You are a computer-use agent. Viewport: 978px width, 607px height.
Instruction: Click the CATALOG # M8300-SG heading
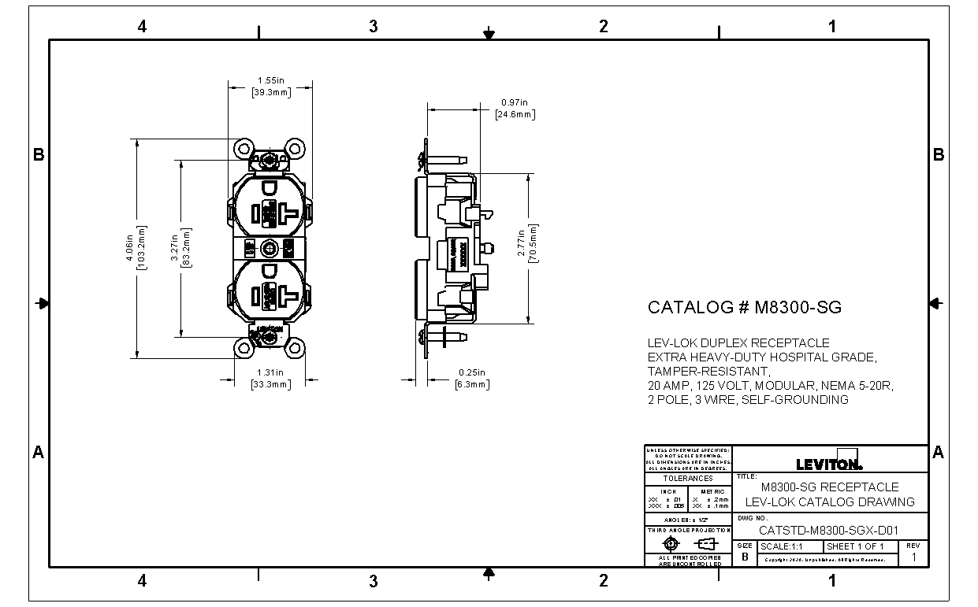(x=744, y=307)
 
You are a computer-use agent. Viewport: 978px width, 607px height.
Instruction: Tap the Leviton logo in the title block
(x=829, y=463)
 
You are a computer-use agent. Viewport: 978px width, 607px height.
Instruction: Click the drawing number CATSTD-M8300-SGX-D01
(x=828, y=531)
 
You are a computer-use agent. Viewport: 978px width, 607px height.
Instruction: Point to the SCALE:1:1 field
(x=781, y=546)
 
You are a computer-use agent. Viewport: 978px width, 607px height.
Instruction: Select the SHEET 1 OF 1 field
(x=855, y=546)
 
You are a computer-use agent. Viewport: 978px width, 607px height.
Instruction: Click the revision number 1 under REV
(x=913, y=557)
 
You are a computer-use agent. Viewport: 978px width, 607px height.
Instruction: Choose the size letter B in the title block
(x=745, y=557)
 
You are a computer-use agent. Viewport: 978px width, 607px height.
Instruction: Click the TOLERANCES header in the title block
(x=687, y=478)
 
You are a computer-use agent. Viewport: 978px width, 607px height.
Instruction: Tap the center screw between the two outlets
(x=270, y=248)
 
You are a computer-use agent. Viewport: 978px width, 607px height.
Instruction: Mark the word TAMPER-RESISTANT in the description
(x=708, y=372)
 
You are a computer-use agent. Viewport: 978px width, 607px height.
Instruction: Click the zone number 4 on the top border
(x=142, y=27)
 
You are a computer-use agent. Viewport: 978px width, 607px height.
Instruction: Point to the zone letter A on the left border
(x=37, y=453)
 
